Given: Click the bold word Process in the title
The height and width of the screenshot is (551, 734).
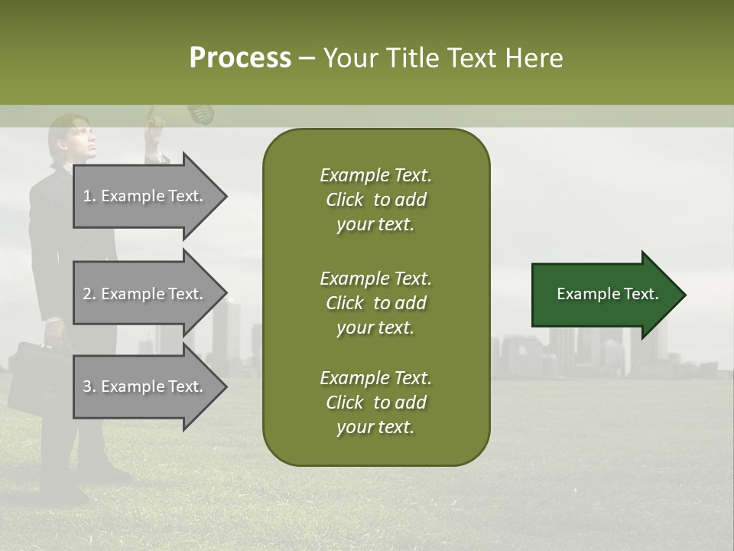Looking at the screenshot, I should point(240,57).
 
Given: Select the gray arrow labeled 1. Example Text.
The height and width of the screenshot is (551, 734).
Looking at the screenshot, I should point(145,196).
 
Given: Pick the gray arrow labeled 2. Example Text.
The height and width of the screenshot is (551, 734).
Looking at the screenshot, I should point(145,294).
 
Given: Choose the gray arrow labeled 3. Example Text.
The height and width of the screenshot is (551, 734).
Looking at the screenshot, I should point(145,386).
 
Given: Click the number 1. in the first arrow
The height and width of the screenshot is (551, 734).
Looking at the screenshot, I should point(89,196).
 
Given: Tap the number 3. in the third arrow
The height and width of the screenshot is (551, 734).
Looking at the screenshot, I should point(89,386).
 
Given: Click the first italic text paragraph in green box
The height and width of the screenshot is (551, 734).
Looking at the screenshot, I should point(375,200).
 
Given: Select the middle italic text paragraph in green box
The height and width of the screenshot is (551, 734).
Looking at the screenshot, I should point(375,303).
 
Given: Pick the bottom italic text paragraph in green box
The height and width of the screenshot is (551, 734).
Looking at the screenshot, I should point(375,403).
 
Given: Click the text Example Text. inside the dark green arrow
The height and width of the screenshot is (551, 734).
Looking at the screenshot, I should point(607,294).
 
